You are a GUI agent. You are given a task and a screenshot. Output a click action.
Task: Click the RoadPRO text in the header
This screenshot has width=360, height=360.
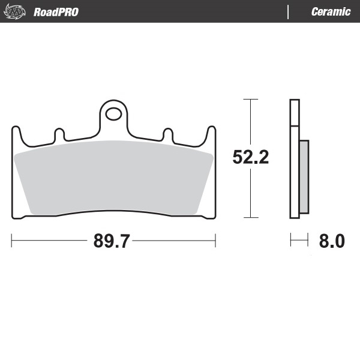tap(56, 11)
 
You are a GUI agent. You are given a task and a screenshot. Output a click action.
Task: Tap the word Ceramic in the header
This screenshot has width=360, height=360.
tap(331, 11)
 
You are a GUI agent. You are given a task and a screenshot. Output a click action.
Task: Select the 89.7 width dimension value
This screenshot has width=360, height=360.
tap(112, 241)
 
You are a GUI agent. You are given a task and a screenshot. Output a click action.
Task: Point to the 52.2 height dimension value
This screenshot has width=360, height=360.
tap(250, 158)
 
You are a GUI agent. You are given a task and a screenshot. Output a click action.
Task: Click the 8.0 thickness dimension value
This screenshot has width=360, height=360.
tap(331, 241)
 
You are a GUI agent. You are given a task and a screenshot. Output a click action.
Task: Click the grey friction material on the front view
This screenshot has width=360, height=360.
tap(114, 177)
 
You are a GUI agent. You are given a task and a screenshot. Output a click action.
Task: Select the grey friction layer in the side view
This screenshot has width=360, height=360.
tap(304, 177)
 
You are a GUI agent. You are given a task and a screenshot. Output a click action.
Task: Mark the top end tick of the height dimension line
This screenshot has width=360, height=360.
tap(250, 99)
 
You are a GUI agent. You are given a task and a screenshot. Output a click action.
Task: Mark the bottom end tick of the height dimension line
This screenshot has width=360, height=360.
tap(250, 217)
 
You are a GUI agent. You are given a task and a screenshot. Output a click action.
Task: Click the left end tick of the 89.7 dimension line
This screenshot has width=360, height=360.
tap(12, 241)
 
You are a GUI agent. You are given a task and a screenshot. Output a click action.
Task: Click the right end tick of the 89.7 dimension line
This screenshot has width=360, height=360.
tap(215, 241)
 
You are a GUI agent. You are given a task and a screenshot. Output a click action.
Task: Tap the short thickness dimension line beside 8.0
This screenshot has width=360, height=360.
tap(299, 241)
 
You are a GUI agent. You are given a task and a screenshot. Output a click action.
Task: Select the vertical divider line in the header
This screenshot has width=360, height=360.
tap(289, 11)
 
